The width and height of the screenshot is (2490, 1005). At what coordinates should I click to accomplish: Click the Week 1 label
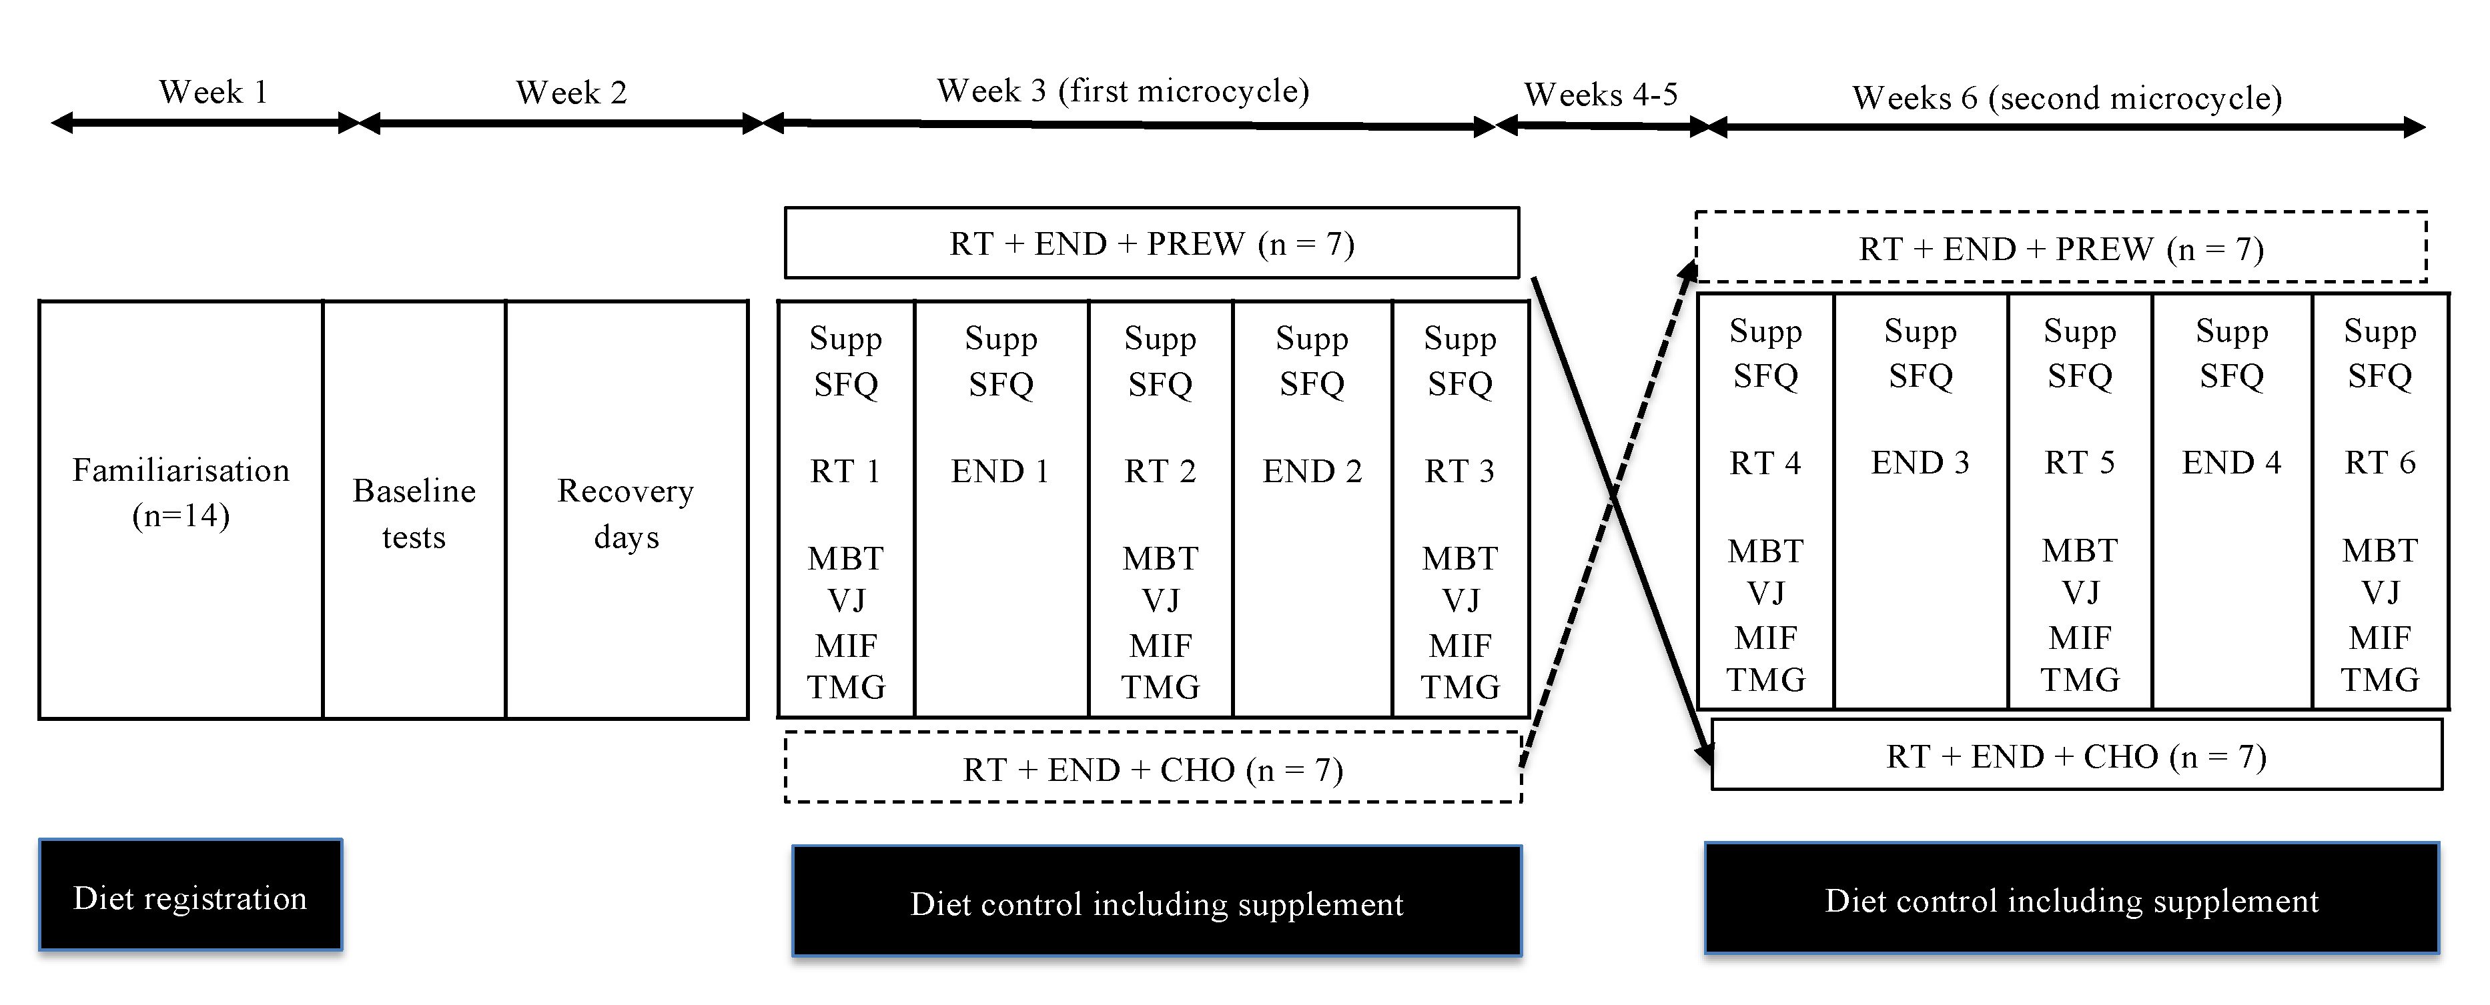tap(213, 93)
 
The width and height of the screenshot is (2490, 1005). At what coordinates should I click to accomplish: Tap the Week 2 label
tap(571, 93)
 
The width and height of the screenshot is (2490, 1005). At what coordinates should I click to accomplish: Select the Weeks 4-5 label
tap(1601, 95)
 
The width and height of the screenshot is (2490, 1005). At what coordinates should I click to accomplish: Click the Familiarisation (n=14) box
tap(181, 493)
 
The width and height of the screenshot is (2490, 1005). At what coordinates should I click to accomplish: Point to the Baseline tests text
tap(414, 513)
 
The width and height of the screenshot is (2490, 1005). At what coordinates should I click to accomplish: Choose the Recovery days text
tap(625, 513)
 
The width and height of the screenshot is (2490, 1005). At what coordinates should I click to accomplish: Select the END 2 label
tap(1312, 471)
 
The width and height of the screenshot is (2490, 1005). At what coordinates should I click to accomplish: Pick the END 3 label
tap(1920, 463)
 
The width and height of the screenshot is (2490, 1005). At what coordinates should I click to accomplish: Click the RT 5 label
tap(2079, 463)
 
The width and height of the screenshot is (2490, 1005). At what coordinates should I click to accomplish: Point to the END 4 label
tap(2231, 463)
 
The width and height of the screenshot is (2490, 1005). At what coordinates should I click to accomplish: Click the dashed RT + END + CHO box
tap(1152, 769)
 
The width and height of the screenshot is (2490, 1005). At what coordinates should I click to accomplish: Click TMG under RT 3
tap(1460, 687)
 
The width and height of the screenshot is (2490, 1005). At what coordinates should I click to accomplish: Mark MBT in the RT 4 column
tap(1765, 551)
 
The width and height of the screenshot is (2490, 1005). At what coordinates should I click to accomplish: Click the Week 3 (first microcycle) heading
tap(1122, 91)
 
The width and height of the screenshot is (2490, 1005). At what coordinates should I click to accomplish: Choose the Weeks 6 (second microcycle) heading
tap(2066, 97)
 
